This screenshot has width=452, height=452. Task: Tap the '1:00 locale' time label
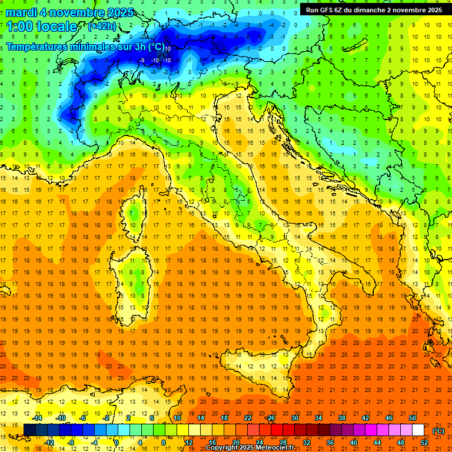[x=41, y=26]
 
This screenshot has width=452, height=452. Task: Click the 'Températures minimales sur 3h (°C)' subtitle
[x=85, y=46]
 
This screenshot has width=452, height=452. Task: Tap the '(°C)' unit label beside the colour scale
[x=438, y=431]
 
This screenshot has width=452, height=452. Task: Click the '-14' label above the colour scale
[x=37, y=418]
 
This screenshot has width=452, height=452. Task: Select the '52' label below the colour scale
[x=424, y=442]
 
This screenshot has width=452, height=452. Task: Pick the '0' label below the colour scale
[x=117, y=442]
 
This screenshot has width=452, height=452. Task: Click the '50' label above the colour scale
[x=413, y=418]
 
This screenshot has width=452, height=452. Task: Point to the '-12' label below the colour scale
[x=49, y=442]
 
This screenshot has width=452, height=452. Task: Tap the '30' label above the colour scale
[x=294, y=418]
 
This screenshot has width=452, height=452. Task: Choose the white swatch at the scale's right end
[x=418, y=430]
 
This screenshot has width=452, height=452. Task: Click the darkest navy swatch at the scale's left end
[x=29, y=430]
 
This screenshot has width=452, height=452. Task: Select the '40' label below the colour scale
[x=353, y=442]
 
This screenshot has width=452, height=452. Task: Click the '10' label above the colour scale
[x=177, y=418]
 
